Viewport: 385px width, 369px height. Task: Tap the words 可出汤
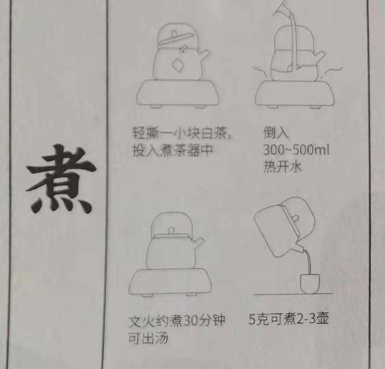[148, 338]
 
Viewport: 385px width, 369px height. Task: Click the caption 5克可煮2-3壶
[289, 319]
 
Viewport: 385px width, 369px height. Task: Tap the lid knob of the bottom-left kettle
[170, 230]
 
